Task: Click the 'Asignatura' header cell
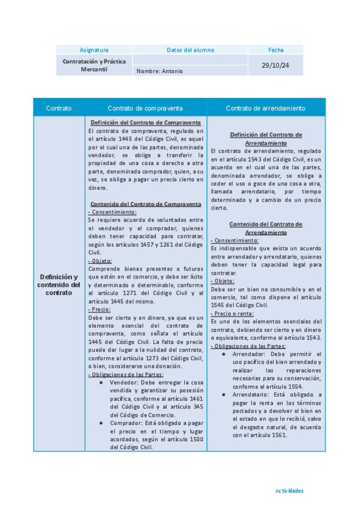pyautogui.click(x=94, y=50)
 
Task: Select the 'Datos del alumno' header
pyautogui.click(x=190, y=50)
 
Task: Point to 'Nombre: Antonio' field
pyautogui.click(x=160, y=71)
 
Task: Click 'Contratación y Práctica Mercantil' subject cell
pyautogui.click(x=94, y=65)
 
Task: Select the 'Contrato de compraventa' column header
pyautogui.click(x=145, y=108)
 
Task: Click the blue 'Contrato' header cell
pyautogui.click(x=59, y=108)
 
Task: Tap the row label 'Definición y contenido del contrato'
pyautogui.click(x=59, y=284)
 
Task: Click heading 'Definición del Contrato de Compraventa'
pyautogui.click(x=146, y=123)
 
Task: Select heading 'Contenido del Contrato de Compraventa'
pyautogui.click(x=146, y=204)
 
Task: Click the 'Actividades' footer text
pyautogui.click(x=289, y=490)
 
